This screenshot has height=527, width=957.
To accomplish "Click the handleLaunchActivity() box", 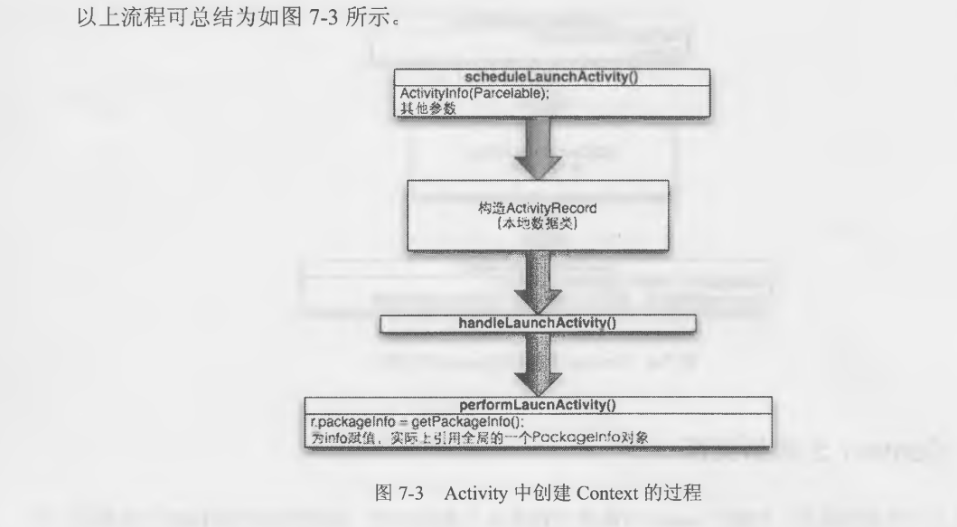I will pyautogui.click(x=539, y=323).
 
